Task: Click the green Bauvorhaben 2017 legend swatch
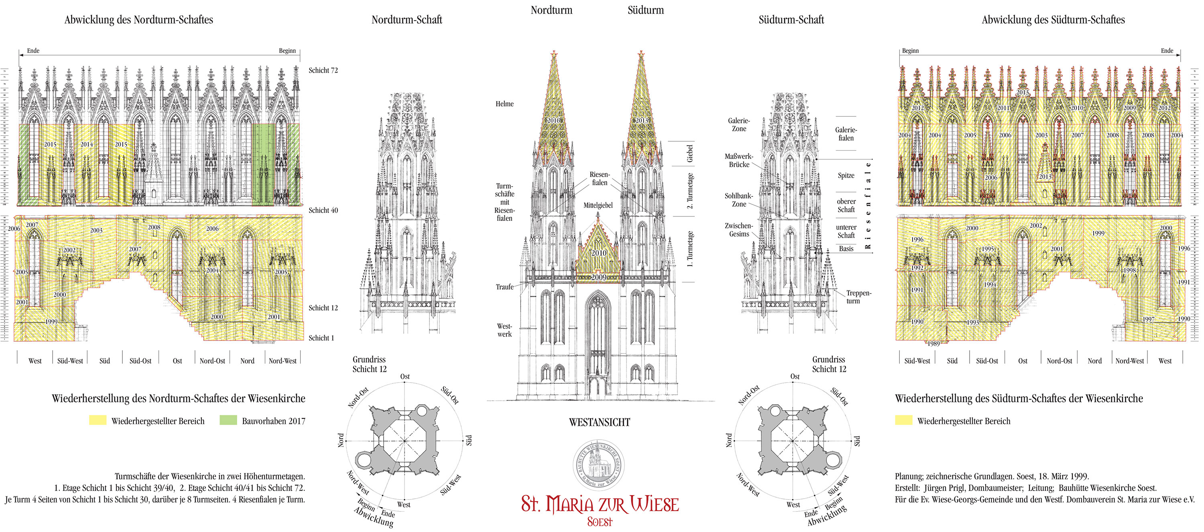point(228,420)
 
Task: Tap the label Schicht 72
point(323,70)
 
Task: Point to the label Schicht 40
point(323,210)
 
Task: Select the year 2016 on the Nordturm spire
point(553,120)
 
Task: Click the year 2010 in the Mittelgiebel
point(599,253)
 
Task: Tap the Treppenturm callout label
point(858,297)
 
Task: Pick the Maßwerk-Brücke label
point(738,160)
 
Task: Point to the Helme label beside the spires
point(504,104)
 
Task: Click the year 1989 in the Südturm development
point(933,344)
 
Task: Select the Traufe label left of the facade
point(504,287)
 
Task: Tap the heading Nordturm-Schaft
point(407,20)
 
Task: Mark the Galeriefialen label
point(846,134)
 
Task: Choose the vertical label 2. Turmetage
point(690,191)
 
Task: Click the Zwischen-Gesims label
point(738,230)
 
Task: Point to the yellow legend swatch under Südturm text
point(903,420)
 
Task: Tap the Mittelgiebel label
point(598,205)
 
